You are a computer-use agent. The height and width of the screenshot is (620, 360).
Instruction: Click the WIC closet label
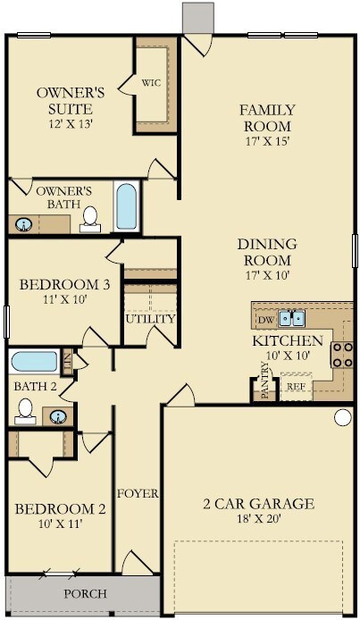tap(151, 83)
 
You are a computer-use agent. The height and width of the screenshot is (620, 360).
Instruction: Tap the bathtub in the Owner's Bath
tap(127, 206)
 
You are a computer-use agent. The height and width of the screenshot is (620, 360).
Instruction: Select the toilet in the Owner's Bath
tap(90, 220)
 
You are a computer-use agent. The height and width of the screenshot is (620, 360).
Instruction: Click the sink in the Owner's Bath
tap(24, 224)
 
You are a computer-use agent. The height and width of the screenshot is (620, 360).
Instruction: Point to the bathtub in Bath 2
tap(34, 362)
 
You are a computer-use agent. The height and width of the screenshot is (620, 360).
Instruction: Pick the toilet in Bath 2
tap(25, 411)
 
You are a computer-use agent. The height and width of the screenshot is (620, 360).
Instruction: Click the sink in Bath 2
tap(58, 416)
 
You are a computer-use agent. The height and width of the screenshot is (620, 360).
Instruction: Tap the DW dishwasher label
tap(267, 320)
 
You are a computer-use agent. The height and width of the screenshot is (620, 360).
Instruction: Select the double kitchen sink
tap(291, 318)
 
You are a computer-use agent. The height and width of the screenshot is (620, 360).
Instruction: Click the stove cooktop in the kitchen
tap(342, 355)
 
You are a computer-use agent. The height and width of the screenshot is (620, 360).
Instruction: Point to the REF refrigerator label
tap(296, 387)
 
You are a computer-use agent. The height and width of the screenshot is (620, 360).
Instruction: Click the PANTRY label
tap(265, 381)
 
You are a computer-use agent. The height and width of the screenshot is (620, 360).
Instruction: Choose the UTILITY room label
tap(150, 319)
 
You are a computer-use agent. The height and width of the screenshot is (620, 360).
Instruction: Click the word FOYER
tap(138, 493)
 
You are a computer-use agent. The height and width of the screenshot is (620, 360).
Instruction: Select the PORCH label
tap(86, 593)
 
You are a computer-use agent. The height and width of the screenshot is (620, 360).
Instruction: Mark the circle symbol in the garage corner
tap(343, 417)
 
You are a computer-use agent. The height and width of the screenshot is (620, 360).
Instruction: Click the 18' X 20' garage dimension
tap(259, 518)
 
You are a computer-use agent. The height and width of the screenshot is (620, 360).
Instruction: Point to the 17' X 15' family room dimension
tap(268, 141)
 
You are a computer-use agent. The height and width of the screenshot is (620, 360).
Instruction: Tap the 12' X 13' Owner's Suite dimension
tap(71, 124)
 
